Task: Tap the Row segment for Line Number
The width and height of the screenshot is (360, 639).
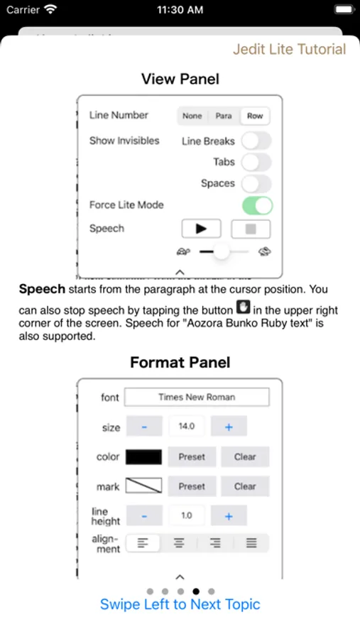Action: (255, 116)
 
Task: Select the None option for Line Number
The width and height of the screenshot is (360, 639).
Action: (192, 116)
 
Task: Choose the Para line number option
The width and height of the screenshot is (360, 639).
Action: (224, 116)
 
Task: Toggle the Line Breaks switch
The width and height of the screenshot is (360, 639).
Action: (256, 141)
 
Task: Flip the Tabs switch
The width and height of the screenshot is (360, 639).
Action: (256, 162)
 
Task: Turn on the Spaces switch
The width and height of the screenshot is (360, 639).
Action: (256, 183)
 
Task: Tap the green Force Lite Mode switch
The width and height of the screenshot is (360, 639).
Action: (257, 205)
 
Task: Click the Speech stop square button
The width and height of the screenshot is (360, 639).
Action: (251, 229)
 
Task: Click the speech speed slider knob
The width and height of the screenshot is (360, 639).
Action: (222, 251)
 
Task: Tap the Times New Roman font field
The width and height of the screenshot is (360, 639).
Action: (197, 398)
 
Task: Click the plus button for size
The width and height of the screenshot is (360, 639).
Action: (229, 426)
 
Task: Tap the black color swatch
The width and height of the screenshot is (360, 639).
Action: (143, 457)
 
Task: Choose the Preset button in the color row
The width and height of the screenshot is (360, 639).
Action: (192, 457)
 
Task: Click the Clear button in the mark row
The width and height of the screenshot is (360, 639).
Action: (245, 486)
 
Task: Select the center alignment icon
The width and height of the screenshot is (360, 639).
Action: (179, 543)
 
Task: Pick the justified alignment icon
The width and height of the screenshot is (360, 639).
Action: (251, 543)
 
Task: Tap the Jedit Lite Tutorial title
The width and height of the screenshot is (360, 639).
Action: (290, 49)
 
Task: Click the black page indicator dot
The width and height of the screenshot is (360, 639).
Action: (196, 591)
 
